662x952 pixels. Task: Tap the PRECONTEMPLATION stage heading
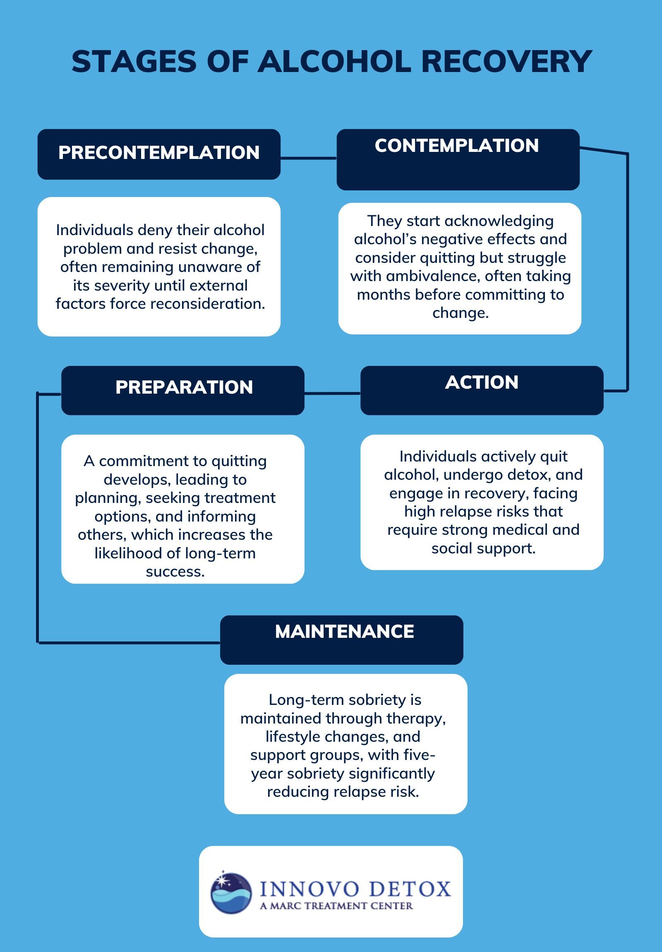(x=159, y=153)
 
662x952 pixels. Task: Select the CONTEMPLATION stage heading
(x=456, y=146)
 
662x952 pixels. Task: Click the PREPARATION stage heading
(x=184, y=387)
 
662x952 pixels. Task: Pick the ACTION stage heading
(x=482, y=382)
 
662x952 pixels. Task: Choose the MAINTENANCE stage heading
(x=344, y=632)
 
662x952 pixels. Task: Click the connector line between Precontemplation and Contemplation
(x=308, y=158)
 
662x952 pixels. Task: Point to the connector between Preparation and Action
(x=332, y=393)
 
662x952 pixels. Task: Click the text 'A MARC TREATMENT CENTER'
(x=336, y=906)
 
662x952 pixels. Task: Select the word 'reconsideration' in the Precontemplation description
(x=207, y=304)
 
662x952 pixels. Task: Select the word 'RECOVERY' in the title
(x=506, y=61)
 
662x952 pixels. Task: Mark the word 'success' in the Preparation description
(x=175, y=572)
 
